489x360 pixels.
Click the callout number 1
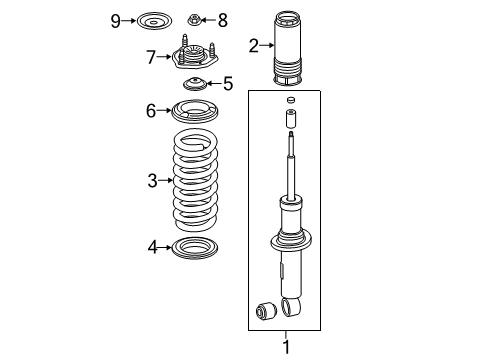(285, 347)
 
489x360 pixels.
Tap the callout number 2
(254, 44)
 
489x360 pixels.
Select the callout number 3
(152, 181)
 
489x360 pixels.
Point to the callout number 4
(152, 246)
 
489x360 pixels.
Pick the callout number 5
(227, 84)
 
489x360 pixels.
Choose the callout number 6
(151, 111)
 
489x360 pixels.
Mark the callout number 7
(151, 57)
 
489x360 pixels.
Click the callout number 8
(222, 19)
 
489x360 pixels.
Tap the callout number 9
(116, 20)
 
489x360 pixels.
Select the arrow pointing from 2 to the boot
(267, 44)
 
